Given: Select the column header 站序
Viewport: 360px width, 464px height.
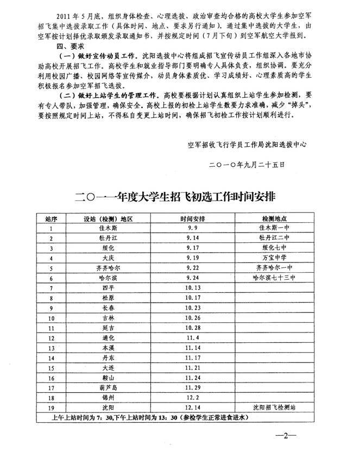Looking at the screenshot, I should (x=51, y=219).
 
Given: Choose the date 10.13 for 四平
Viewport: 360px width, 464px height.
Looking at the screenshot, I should (x=191, y=287).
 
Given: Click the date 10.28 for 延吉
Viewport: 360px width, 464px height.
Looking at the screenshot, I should (x=191, y=327).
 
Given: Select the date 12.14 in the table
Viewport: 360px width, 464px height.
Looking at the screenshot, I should (x=191, y=407).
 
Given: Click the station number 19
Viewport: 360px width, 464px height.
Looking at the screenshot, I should (x=51, y=407).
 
